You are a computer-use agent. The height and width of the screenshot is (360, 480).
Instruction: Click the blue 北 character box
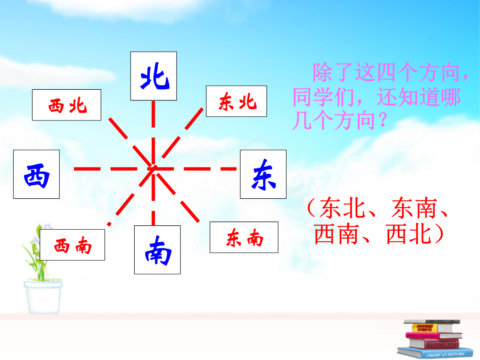[153, 76]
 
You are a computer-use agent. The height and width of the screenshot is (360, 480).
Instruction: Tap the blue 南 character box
[157, 250]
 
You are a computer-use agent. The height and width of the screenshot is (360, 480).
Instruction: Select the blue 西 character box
[36, 174]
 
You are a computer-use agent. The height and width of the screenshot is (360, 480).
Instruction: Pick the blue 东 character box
[263, 174]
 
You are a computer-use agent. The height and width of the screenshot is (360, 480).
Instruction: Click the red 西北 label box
[66, 105]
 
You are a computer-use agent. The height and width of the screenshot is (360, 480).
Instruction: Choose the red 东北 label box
[236, 101]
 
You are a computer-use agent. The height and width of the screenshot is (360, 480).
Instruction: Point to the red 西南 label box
[72, 245]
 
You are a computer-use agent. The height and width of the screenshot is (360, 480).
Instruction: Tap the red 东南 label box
[244, 237]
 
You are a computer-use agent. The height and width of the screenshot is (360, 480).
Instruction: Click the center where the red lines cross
[153, 169]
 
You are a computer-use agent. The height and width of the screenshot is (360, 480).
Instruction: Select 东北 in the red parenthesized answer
[343, 208]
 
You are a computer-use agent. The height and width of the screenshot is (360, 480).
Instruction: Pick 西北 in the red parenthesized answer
[409, 234]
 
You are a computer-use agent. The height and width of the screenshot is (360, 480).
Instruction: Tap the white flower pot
[43, 297]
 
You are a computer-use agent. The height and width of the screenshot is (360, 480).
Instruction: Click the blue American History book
[435, 353]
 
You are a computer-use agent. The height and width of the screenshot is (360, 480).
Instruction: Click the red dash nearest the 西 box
[87, 169]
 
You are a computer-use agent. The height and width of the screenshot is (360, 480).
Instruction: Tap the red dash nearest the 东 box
[229, 169]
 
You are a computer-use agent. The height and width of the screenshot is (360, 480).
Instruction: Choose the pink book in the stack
[433, 336]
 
